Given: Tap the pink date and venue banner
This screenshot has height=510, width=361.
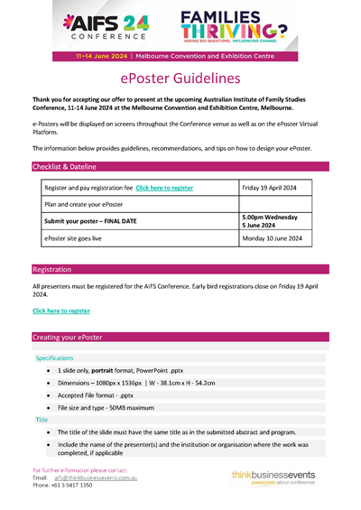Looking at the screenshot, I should coord(180,56).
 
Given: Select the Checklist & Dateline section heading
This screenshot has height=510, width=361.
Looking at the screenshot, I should coord(64,167).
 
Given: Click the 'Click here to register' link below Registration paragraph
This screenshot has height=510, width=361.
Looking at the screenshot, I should coord(61,311).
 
